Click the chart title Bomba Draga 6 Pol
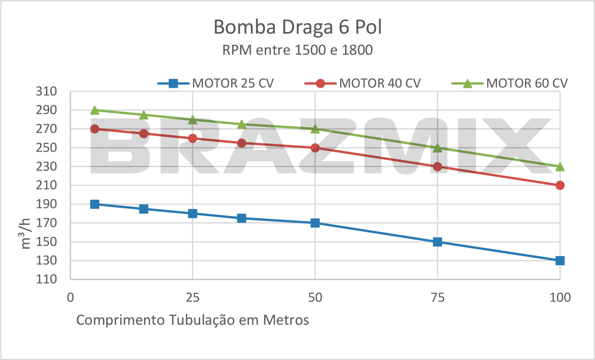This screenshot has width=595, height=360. (x=297, y=27)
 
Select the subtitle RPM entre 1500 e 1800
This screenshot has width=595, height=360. (x=297, y=50)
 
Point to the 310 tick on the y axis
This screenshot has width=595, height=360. (x=46, y=91)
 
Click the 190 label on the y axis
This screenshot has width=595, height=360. (x=46, y=204)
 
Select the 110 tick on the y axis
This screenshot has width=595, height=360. (x=46, y=279)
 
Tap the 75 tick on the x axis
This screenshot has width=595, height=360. (x=437, y=297)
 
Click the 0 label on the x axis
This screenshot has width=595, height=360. (x=70, y=297)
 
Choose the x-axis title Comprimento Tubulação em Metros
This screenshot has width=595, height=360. (x=192, y=320)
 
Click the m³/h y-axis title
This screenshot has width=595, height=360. (x=25, y=234)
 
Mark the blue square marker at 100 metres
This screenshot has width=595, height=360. (x=560, y=260)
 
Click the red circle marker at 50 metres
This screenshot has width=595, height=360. (x=315, y=148)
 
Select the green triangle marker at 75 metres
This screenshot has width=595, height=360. (x=437, y=148)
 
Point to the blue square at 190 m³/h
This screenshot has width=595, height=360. (x=95, y=204)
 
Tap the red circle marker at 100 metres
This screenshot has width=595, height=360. (x=560, y=185)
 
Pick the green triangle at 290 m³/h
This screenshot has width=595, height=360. (x=95, y=110)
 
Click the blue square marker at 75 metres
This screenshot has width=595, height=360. (x=437, y=242)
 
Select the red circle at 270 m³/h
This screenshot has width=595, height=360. (x=95, y=129)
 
